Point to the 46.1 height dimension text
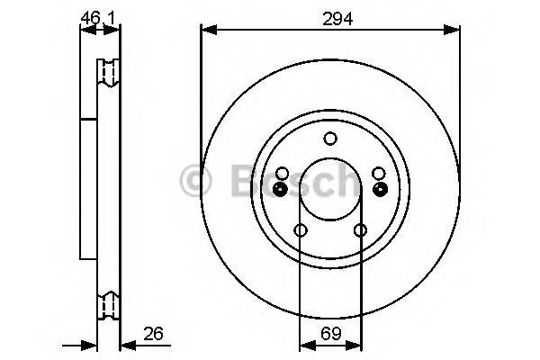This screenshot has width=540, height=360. pyautogui.click(x=100, y=16)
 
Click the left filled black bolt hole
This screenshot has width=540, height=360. pyautogui.click(x=280, y=188)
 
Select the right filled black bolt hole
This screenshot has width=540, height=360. pyautogui.click(x=380, y=188)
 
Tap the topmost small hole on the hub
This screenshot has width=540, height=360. pyautogui.click(x=330, y=138)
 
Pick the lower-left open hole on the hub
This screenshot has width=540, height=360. pyautogui.click(x=301, y=231)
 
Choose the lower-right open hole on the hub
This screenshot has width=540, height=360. pyautogui.click(x=360, y=231)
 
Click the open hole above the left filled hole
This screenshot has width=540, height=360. pyautogui.click(x=282, y=173)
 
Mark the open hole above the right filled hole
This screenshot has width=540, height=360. pyautogui.click(x=379, y=173)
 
